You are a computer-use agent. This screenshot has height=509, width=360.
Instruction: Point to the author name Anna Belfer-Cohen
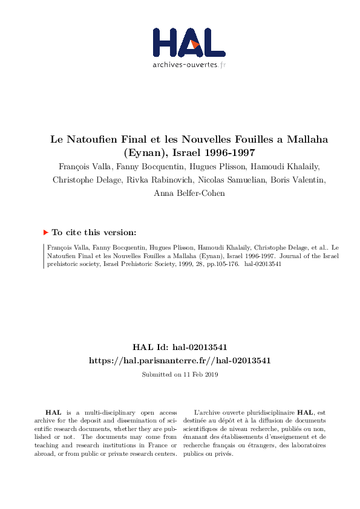click(x=180, y=193)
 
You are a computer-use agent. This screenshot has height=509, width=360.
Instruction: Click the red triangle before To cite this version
click(x=45, y=232)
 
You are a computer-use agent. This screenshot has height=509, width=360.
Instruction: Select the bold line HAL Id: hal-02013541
click(x=180, y=347)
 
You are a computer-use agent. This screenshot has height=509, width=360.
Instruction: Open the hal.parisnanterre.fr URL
click(x=180, y=360)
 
